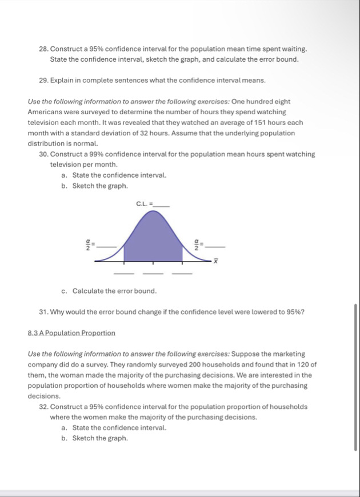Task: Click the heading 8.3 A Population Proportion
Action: [71, 332]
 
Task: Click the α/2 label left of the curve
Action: [89, 245]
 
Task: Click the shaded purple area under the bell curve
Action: [153, 240]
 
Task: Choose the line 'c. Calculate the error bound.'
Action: [109, 291]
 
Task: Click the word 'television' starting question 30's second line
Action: [67, 164]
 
